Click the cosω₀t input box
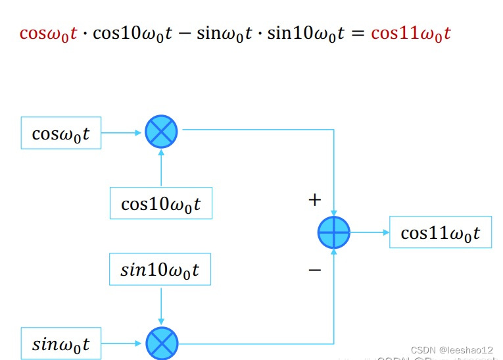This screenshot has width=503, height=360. [61, 134]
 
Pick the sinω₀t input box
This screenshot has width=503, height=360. [61, 344]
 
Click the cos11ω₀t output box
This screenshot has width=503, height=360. [441, 232]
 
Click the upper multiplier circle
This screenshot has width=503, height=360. [161, 131]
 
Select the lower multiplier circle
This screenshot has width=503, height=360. [161, 343]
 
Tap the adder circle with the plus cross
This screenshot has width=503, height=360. [334, 232]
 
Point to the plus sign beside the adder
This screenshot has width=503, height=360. [315, 200]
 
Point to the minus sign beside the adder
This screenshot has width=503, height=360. [315, 269]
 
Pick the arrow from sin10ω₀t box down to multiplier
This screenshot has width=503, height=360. [161, 305]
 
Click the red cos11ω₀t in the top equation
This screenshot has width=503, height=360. [411, 33]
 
